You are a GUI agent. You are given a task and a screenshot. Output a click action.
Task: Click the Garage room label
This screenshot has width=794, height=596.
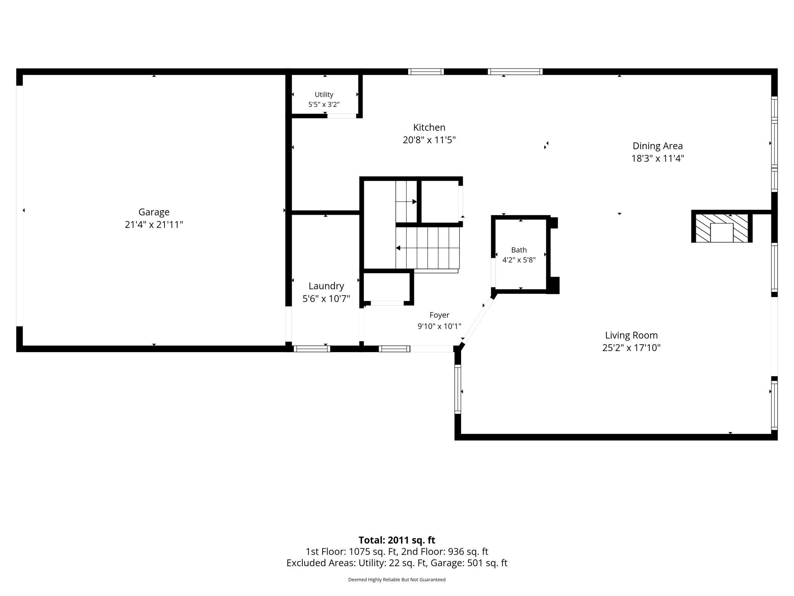tap(154, 212)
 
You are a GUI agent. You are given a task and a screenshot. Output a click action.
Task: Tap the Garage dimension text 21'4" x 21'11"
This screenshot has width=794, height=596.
tap(154, 225)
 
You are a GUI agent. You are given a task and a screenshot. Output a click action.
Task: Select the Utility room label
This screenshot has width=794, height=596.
tap(324, 95)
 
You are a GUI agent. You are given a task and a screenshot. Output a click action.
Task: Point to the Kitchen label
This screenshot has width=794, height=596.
tap(429, 127)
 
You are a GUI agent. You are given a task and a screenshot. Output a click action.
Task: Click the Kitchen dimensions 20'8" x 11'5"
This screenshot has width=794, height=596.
tap(429, 140)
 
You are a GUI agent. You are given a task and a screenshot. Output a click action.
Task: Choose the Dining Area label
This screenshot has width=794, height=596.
tap(657, 146)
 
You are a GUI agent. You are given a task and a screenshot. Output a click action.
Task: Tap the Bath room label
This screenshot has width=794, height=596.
tap(519, 250)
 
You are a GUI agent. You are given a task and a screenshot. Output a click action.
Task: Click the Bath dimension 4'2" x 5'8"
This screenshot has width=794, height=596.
tap(519, 260)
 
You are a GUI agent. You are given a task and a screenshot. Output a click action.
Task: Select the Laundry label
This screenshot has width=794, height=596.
tap(326, 286)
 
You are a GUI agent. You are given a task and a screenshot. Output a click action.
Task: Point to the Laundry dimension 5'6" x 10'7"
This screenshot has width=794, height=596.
tap(326, 299)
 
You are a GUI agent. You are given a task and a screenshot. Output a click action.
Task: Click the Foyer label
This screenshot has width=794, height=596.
tap(439, 315)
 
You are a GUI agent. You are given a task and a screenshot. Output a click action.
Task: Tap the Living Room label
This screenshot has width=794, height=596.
tap(631, 335)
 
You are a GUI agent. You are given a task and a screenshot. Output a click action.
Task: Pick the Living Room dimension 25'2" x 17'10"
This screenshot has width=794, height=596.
tap(631, 348)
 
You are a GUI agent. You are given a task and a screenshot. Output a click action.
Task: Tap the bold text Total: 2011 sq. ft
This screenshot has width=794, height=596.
tap(397, 540)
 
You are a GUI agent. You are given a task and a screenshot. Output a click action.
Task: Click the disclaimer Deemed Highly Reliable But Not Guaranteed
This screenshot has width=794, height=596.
tap(397, 580)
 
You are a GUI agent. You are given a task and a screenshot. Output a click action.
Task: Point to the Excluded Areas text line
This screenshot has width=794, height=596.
tap(397, 563)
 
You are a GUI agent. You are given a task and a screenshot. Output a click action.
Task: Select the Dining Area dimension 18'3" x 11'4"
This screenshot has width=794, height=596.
tap(657, 158)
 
